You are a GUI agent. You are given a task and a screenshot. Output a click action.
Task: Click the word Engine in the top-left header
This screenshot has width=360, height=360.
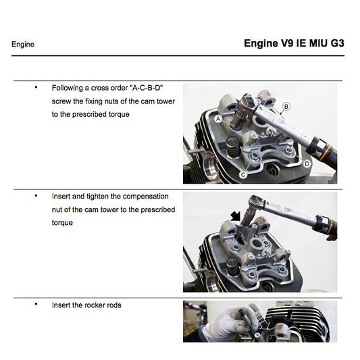click(23, 45)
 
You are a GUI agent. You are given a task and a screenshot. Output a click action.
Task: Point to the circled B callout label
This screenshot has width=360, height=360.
click(286, 106)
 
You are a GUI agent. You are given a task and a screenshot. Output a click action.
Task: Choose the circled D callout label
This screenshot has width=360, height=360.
click(307, 163)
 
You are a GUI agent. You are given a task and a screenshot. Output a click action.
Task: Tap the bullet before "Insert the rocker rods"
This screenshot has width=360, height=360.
click(35, 305)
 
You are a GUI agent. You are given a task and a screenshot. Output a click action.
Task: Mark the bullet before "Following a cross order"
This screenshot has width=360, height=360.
click(35, 88)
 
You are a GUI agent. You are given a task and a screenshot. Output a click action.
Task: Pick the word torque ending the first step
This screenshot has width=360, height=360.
click(119, 114)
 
